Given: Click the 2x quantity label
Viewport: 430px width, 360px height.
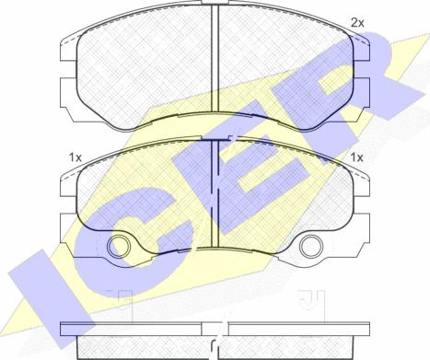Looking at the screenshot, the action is click(357, 23).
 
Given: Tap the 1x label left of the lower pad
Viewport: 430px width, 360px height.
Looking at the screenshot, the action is click(75, 157).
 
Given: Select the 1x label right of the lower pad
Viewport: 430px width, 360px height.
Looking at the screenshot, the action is click(357, 157).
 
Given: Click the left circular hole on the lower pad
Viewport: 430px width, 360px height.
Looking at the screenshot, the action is click(118, 247).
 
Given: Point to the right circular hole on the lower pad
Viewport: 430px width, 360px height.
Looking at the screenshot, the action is click(311, 247).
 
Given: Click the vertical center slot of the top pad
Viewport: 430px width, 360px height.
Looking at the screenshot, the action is click(215, 58).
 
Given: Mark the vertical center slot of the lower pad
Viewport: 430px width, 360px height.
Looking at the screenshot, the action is click(215, 193).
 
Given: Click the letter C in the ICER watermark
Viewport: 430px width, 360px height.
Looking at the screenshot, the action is click(140, 228).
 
